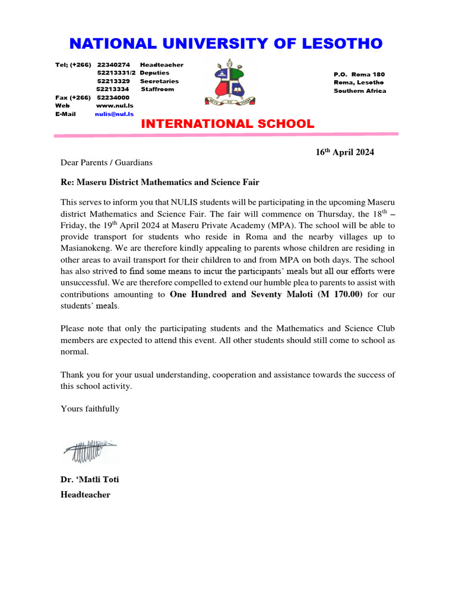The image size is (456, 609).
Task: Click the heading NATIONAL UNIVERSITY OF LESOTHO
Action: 226,43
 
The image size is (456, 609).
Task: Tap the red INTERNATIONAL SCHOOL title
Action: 227,124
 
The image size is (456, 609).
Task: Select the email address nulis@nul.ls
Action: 114,114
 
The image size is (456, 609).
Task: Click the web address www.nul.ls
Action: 110,105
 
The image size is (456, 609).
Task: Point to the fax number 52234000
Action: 113,97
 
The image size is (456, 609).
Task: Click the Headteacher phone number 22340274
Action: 113,64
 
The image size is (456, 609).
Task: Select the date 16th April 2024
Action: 344,152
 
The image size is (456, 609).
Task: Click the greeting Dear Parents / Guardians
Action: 106,162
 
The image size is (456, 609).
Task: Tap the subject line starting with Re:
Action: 160,182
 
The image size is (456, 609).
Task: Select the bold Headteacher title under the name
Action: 85,494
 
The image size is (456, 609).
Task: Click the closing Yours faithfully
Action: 90,409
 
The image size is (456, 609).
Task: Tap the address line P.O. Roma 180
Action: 359,74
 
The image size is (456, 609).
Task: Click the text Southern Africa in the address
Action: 359,91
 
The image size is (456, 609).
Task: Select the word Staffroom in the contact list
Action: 157,89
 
